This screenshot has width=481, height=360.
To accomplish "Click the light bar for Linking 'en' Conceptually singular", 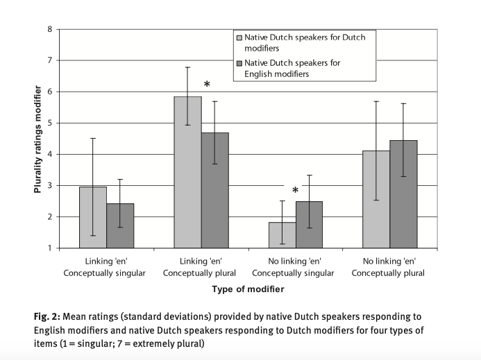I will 93,217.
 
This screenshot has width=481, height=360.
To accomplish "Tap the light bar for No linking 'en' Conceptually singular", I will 282,234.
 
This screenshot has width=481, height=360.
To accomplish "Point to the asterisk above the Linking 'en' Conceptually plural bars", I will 207,85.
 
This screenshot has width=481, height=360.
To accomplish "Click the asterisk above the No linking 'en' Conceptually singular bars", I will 295,190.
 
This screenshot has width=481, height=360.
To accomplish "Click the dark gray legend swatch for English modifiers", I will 240,63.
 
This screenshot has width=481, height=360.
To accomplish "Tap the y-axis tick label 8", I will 49,29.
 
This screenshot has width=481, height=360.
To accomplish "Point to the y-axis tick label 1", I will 49,248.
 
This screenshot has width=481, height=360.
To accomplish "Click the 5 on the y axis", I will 49,123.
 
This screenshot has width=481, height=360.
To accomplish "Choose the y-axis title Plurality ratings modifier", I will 39,139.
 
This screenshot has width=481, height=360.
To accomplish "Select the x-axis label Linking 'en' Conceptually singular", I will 106,267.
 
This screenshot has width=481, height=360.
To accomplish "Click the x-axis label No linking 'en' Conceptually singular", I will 295,267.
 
